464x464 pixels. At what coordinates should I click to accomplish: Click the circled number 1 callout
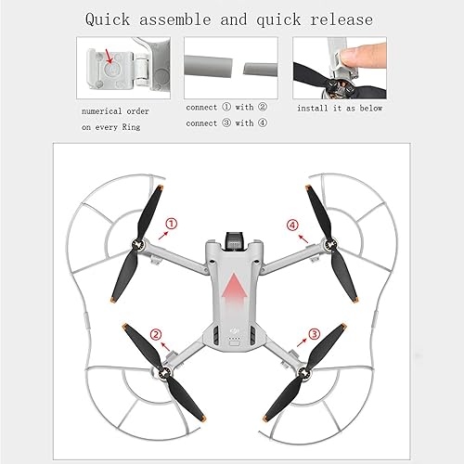click(x=171, y=224)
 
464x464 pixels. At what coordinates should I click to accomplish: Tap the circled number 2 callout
click(x=156, y=334)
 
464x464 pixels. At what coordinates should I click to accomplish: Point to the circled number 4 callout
click(x=293, y=224)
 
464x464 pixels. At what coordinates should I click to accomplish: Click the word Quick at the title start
click(x=113, y=19)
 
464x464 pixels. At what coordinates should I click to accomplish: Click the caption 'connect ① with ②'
click(x=226, y=108)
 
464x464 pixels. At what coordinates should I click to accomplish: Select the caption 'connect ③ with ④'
click(x=226, y=122)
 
